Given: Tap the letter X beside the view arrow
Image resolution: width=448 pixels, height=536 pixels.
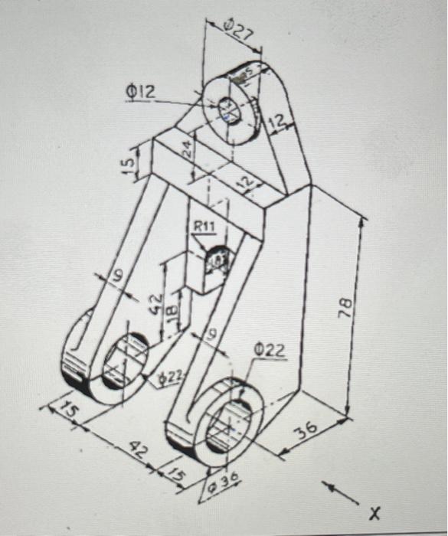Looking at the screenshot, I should [374, 511].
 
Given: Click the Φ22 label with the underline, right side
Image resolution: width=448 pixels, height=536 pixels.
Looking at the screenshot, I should [270, 351].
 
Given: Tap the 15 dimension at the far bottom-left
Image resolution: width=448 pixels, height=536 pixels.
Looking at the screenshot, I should [69, 411].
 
